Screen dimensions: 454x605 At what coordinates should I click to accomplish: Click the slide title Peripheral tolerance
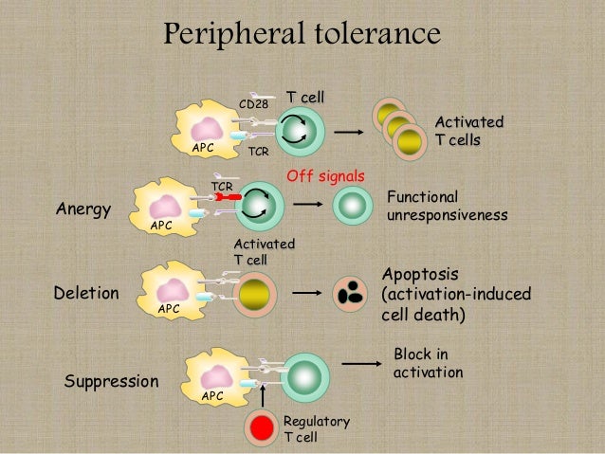coord(302,35)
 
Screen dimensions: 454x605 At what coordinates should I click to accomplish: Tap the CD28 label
coord(253,103)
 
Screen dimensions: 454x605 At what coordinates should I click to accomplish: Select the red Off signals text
coord(325,177)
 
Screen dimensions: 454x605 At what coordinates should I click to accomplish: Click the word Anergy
coord(83,209)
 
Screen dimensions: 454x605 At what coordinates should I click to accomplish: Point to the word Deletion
coord(87,293)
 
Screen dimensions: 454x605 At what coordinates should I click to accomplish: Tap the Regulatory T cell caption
coord(316,429)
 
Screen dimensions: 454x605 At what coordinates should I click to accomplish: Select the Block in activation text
coord(428,363)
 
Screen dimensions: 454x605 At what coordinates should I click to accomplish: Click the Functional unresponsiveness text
coord(447,207)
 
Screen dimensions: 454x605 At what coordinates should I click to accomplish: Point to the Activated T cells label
coord(468,132)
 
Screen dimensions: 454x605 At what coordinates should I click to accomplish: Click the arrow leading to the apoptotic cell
coord(305,294)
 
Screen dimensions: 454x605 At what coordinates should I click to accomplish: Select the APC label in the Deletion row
coord(169,308)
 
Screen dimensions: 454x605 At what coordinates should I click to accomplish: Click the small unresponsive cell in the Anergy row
coord(353,205)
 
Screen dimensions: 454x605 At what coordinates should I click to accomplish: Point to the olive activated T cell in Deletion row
coord(255,293)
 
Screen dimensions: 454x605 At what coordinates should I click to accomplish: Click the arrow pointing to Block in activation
coord(356,363)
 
